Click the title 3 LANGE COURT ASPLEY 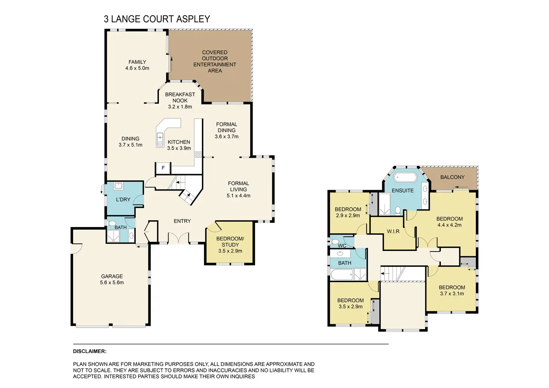pyautogui.click(x=157, y=19)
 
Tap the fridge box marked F pyautogui.click(x=163, y=168)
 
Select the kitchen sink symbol pyautogui.click(x=160, y=140)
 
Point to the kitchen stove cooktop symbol pyautogui.click(x=198, y=154)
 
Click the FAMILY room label pyautogui.click(x=137, y=62)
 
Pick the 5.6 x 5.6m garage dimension pyautogui.click(x=112, y=283)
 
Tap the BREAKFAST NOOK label pyautogui.click(x=180, y=98)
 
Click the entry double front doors pyautogui.click(x=178, y=238)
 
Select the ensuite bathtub pyautogui.click(x=407, y=177)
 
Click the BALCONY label pyautogui.click(x=452, y=177)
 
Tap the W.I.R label pyautogui.click(x=393, y=231)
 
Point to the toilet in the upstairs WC pyautogui.click(x=334, y=242)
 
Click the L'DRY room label pyautogui.click(x=123, y=200)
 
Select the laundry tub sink pyautogui.click(x=119, y=186)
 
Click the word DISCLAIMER pyautogui.click(x=90, y=351)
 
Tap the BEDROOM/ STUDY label pyautogui.click(x=230, y=242)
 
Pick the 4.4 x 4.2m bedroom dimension pyautogui.click(x=449, y=225)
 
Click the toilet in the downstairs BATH pyautogui.click(x=112, y=223)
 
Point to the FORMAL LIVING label pyautogui.click(x=238, y=186)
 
